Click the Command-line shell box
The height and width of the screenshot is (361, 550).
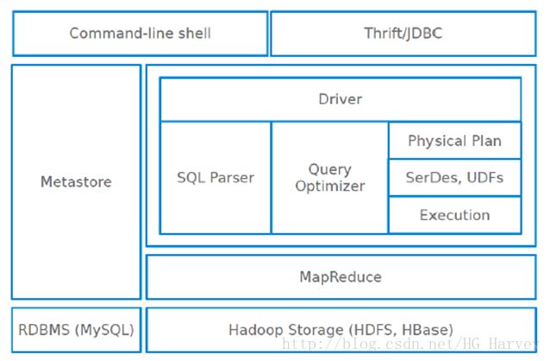141,34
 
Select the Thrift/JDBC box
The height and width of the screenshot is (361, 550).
403,34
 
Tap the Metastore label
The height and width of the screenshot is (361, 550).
76,181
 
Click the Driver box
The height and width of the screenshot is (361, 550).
341,99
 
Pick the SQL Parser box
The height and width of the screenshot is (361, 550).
216,178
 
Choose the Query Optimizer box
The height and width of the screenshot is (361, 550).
329,178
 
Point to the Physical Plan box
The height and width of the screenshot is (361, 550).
455,141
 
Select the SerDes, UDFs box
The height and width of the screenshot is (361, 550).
455,178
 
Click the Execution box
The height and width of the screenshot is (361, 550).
455,215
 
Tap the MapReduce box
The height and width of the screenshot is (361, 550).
341,277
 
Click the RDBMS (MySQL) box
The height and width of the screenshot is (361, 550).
76,330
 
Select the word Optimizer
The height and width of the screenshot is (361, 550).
330,186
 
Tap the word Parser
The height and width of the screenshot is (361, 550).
232,178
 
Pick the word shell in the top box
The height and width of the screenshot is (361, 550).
194,34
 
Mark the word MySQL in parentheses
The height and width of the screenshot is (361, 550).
104,330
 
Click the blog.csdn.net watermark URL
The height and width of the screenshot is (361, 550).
410,344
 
